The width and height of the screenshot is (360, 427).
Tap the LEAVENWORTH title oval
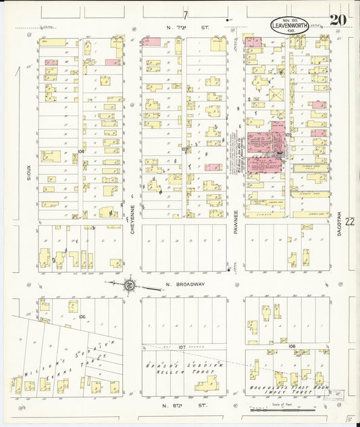(x=290, y=26)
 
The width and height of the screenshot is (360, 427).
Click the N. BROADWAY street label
(x=185, y=284)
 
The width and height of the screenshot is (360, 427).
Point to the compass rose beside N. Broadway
(x=128, y=285)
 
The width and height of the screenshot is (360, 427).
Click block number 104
(x=81, y=151)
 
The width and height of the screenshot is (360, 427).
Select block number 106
(x=82, y=316)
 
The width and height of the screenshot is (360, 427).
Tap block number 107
(x=182, y=347)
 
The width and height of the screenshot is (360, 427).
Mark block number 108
(x=292, y=347)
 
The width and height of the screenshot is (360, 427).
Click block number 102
(x=288, y=134)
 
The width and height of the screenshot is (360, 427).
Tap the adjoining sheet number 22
(x=349, y=221)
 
